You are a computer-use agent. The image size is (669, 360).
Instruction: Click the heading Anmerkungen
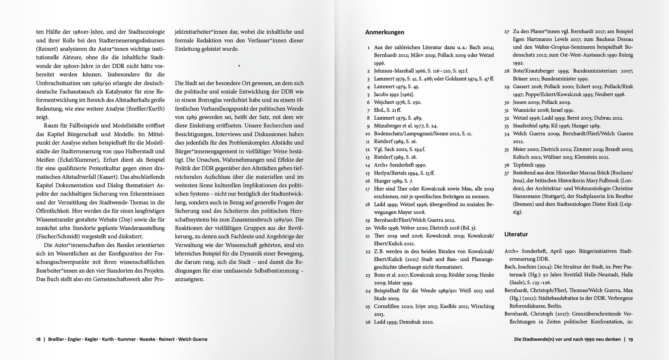click(x=385, y=32)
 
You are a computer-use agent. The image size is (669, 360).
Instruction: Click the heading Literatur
click(x=516, y=234)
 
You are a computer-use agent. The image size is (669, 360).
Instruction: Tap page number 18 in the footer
click(x=38, y=339)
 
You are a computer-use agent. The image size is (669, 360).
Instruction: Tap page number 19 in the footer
click(x=630, y=339)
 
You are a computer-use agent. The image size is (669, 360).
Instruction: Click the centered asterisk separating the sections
click(x=239, y=66)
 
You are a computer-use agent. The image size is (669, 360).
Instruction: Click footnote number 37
click(x=506, y=173)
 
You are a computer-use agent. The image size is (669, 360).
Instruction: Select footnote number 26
click(x=368, y=322)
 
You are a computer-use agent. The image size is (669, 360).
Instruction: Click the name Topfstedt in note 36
click(x=525, y=165)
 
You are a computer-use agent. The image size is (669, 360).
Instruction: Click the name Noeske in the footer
click(x=147, y=339)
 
